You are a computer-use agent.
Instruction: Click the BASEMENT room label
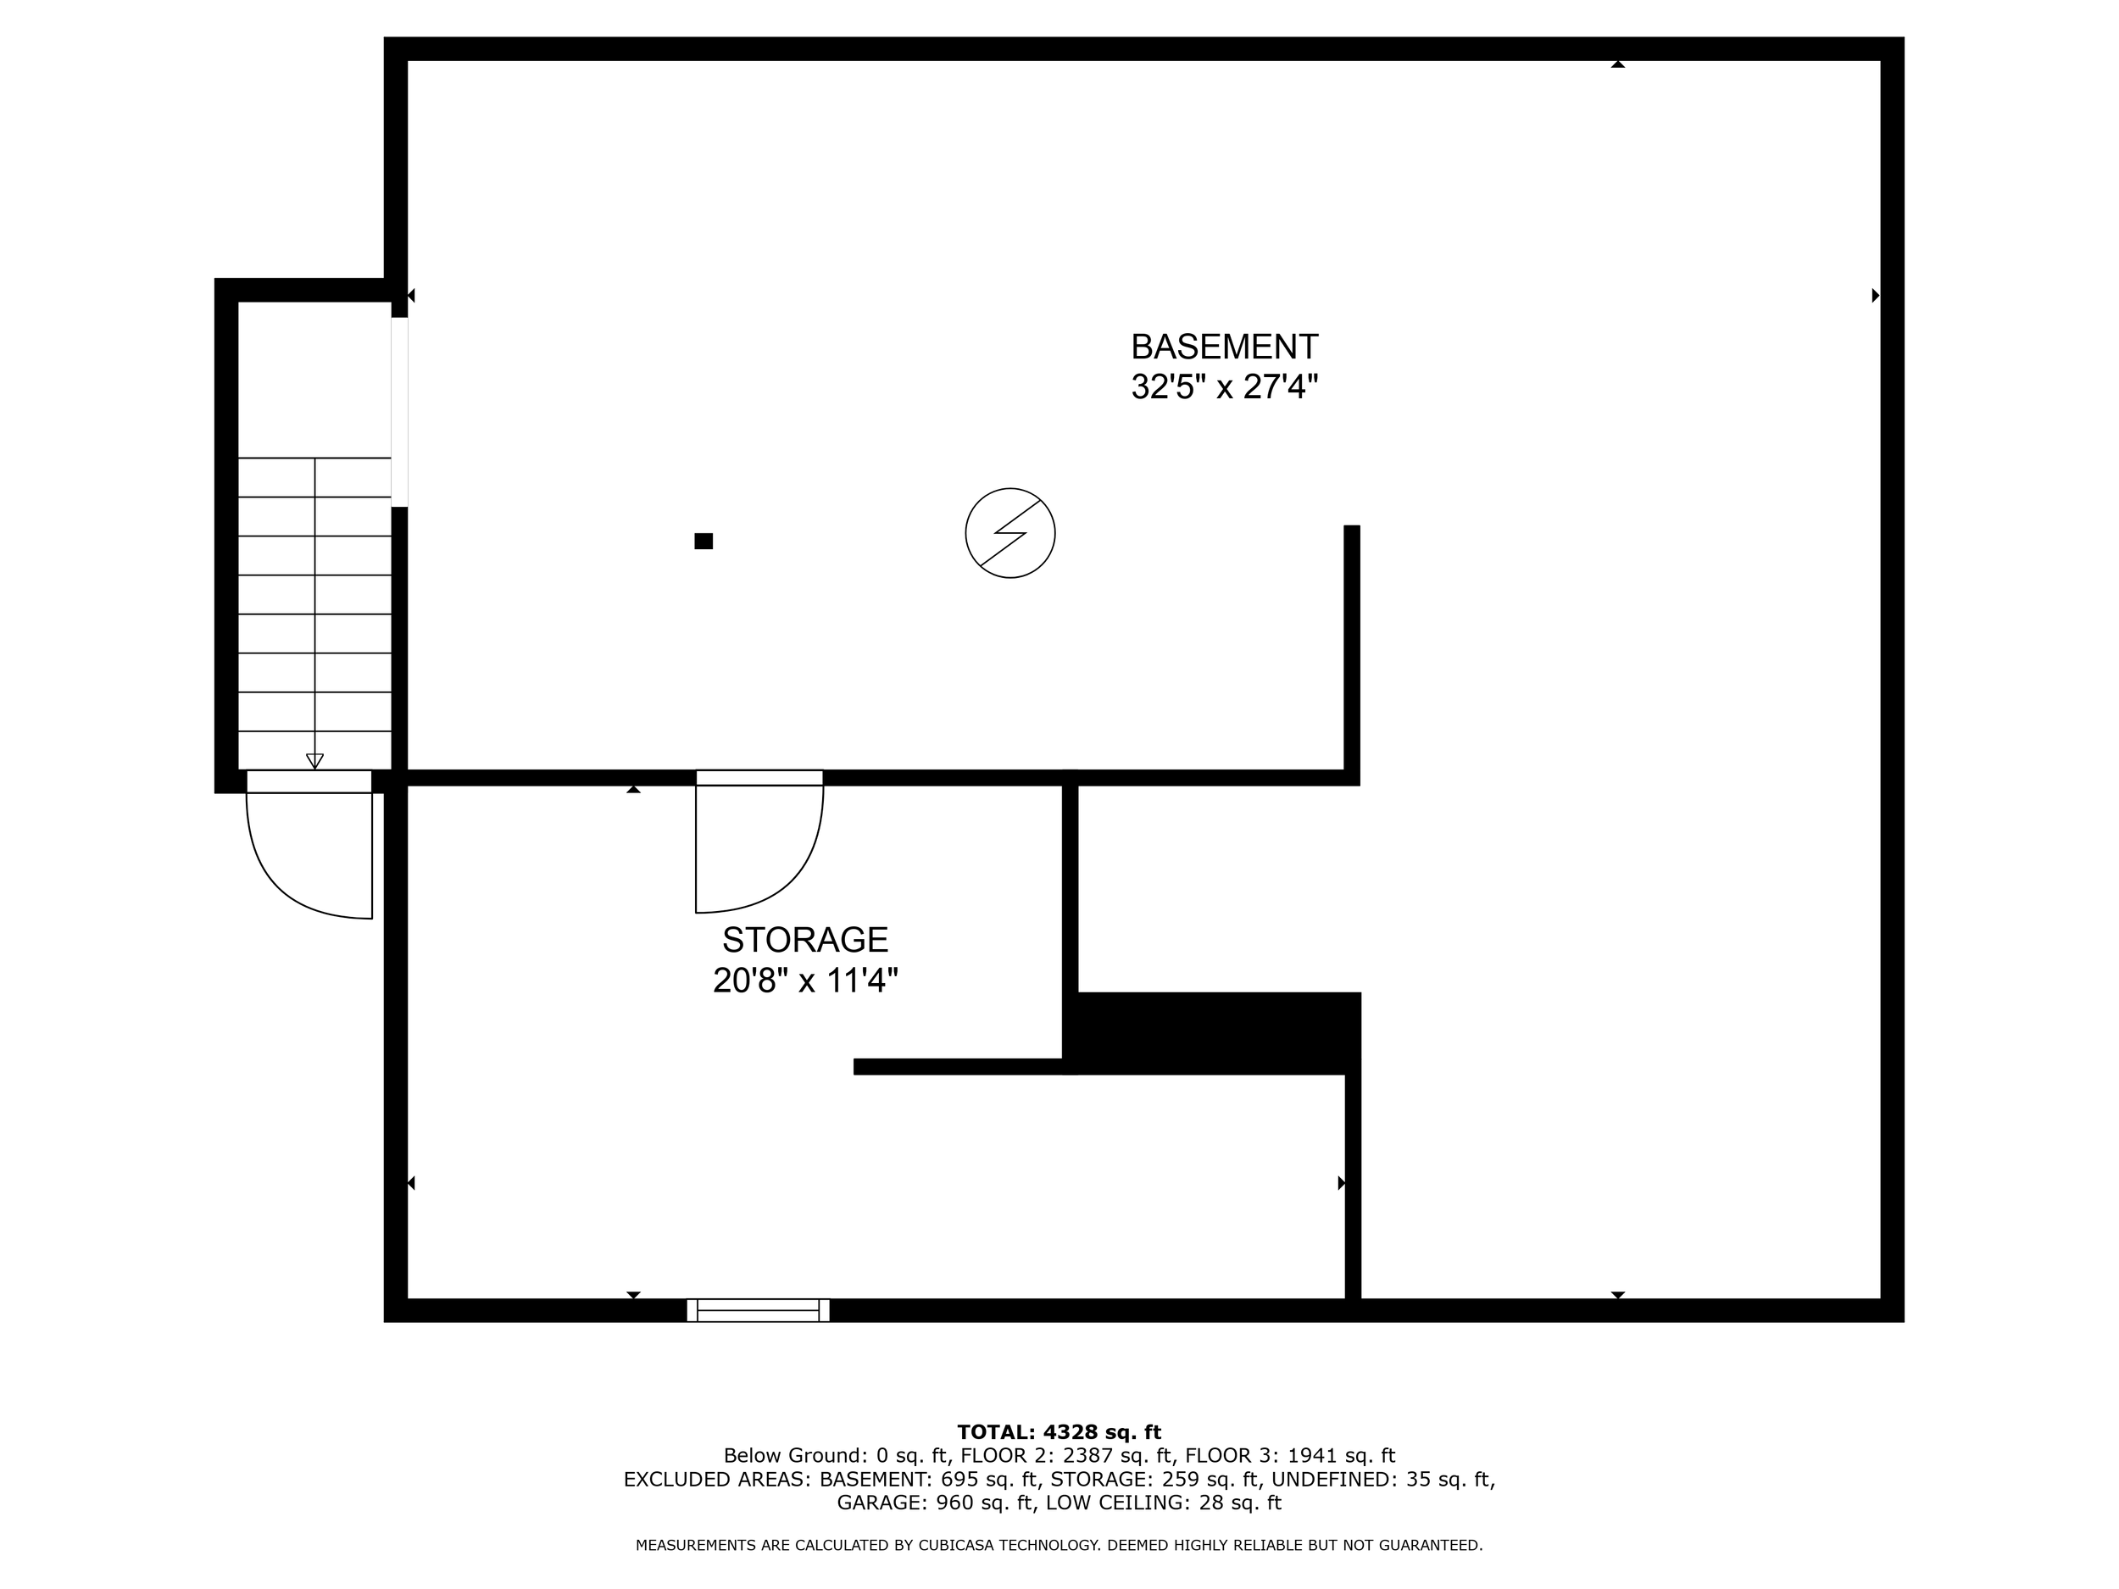click(1224, 346)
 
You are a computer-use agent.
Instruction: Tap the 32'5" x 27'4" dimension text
click(1224, 387)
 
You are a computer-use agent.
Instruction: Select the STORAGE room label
click(804, 940)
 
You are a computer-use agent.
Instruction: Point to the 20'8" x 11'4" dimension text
click(804, 981)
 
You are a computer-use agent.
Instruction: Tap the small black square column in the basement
click(704, 542)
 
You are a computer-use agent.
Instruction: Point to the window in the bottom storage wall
click(758, 1310)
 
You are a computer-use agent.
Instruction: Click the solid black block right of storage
click(1216, 1032)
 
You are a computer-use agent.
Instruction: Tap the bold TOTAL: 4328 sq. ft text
click(1059, 1432)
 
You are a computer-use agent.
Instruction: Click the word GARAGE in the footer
click(882, 1503)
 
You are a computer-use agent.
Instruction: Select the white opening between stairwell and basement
click(399, 412)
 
